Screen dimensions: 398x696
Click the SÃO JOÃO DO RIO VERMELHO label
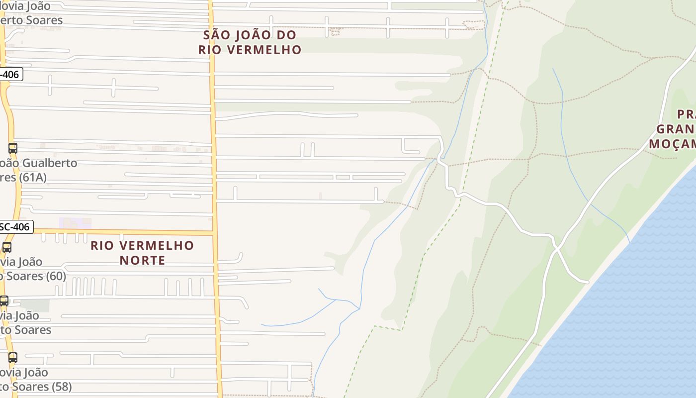tap(250, 42)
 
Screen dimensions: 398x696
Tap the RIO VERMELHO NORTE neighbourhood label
tap(142, 253)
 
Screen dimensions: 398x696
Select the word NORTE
tap(142, 260)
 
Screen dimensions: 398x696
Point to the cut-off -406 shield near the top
tap(10, 75)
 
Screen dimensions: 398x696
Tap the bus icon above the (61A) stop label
tap(13, 148)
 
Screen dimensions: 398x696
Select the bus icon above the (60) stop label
tap(7, 247)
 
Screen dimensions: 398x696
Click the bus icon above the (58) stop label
tap(13, 357)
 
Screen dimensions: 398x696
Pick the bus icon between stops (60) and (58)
tap(4, 301)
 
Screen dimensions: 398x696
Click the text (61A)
tap(33, 178)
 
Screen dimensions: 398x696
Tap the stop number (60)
tap(56, 276)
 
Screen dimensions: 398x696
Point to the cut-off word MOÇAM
tap(672, 144)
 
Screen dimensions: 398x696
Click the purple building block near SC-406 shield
tap(75, 223)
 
